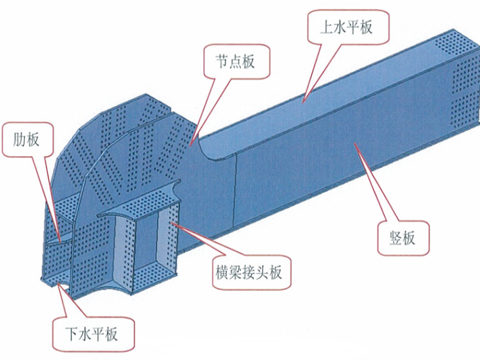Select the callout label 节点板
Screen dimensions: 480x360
coord(236,62)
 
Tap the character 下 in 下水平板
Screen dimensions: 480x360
coord(69,333)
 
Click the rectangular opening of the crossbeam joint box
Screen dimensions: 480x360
coord(147,243)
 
